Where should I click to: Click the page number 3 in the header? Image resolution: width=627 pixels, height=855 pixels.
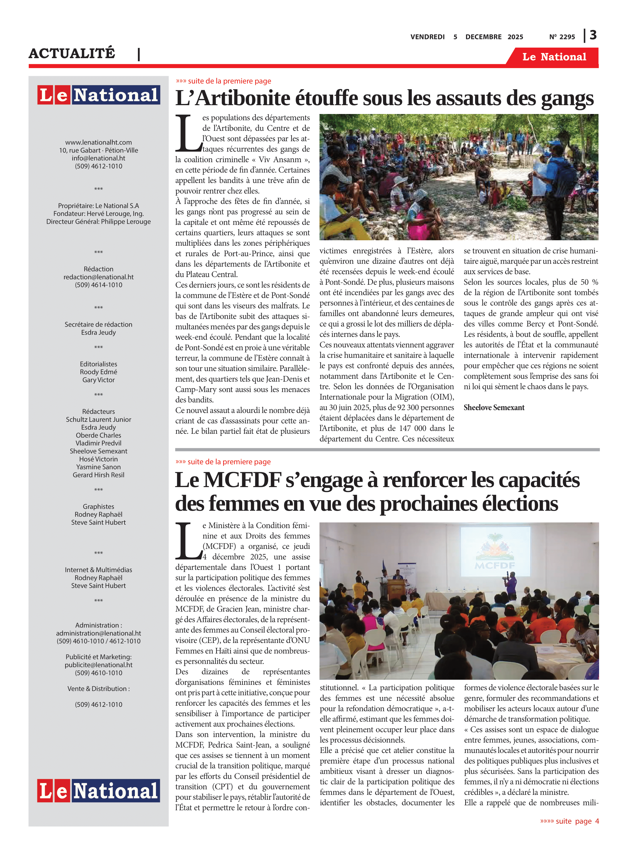593,35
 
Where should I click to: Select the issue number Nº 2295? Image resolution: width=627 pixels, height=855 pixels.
562,37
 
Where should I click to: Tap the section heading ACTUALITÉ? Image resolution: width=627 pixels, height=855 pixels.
72,53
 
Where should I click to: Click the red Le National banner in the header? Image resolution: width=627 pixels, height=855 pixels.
554,57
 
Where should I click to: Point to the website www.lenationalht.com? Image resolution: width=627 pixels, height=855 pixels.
98,142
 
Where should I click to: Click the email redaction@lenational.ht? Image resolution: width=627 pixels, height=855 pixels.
98,277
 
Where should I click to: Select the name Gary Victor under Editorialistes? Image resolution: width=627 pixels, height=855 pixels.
98,380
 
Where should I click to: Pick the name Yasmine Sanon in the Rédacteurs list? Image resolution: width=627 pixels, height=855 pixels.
98,467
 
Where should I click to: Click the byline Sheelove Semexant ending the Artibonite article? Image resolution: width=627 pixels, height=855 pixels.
494,408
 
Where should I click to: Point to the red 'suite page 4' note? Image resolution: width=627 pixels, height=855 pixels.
569,821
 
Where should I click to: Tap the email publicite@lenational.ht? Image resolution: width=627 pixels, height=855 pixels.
98,665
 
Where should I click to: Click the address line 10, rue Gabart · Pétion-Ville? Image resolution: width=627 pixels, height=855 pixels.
98,150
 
